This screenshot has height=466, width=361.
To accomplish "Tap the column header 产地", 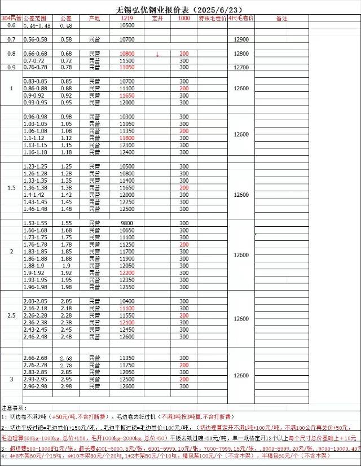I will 95,19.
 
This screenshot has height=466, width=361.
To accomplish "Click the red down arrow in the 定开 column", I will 157,54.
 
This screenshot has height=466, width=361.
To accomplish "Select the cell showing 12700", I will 241,67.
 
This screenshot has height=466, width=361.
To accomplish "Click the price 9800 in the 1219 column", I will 127,223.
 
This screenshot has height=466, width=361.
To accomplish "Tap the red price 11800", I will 127,138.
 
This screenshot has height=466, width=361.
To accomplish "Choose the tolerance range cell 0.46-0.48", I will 37,26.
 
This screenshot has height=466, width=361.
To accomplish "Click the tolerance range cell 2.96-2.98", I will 36,386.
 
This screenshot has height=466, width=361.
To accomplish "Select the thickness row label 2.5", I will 11,315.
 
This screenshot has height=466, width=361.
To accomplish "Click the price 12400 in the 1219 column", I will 127,152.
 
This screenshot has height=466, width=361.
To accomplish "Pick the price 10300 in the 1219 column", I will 127,116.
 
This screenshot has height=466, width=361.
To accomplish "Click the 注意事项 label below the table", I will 14,407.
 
